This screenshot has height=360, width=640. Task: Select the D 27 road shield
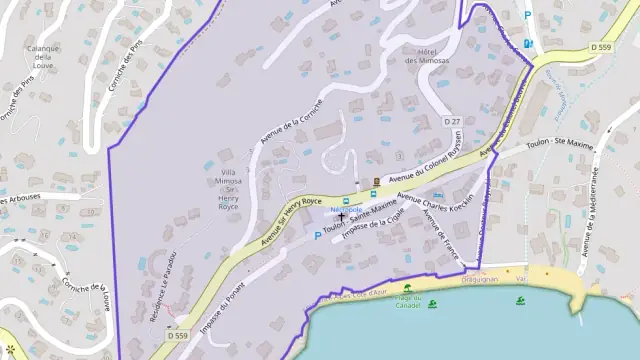pos(452,121)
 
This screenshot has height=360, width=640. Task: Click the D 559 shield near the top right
pos(600,47)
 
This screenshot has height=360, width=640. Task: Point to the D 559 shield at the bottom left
pos(177,335)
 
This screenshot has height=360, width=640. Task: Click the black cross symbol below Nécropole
pos(342,214)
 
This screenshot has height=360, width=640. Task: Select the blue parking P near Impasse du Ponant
pos(318,236)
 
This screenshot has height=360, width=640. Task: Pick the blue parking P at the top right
pos(528,15)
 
